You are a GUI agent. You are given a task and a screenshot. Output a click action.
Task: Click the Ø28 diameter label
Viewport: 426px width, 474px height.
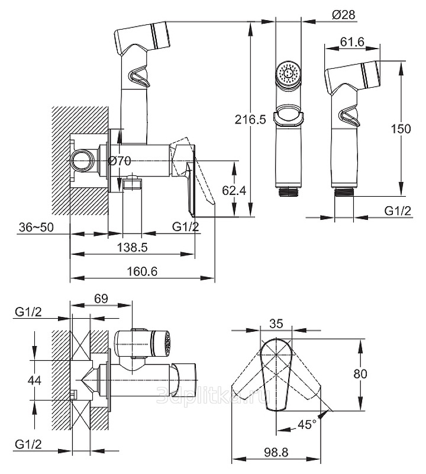(x=344, y=14)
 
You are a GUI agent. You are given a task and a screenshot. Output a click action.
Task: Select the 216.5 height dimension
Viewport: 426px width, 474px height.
(x=250, y=120)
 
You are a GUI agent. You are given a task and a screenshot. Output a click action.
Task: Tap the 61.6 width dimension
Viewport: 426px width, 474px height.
(x=352, y=41)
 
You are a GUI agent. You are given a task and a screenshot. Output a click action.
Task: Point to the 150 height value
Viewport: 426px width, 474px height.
(x=401, y=129)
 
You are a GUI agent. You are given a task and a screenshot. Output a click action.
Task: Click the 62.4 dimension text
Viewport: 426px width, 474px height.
(x=234, y=190)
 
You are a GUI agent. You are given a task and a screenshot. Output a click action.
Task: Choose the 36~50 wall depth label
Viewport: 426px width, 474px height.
(x=36, y=227)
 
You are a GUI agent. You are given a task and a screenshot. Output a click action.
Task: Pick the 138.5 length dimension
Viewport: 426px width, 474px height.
(x=133, y=247)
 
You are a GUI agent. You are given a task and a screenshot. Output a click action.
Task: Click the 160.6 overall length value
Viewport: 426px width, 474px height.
(x=142, y=271)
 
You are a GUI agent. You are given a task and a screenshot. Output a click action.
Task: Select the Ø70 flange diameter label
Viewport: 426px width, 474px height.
(x=120, y=161)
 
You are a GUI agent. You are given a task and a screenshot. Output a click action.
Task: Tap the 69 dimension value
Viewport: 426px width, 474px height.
(x=101, y=299)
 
